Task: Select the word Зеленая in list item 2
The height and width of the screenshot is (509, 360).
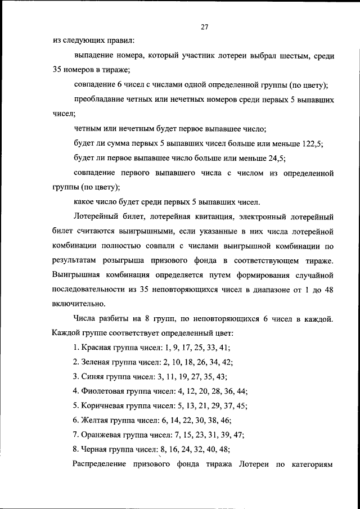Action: click(98, 363)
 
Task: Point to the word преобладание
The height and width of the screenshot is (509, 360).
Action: click(101, 100)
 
